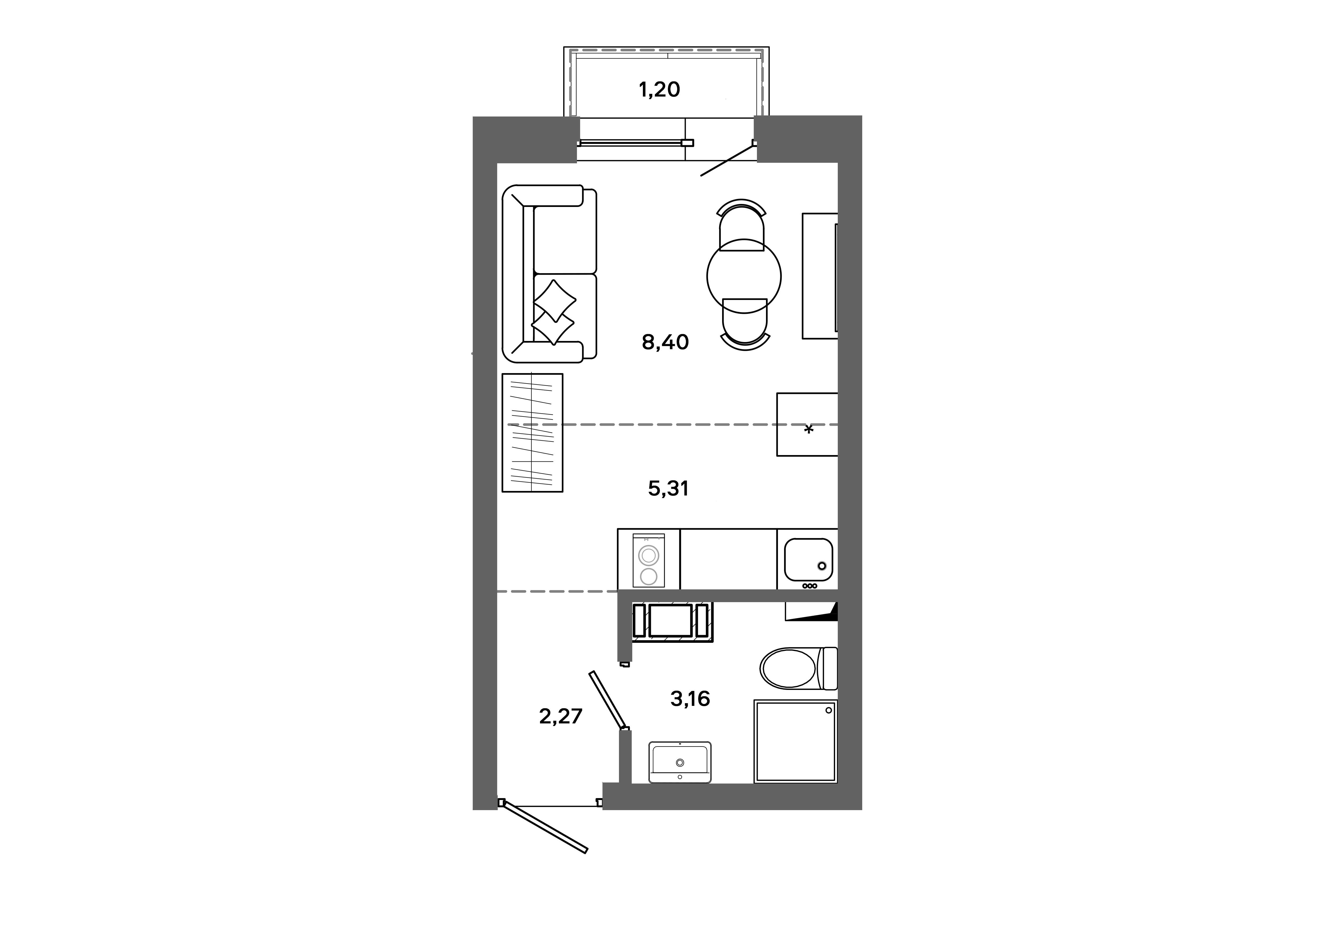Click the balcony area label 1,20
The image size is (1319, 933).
(x=659, y=90)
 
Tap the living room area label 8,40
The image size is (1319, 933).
(x=665, y=342)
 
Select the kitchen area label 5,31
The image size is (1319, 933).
(x=668, y=489)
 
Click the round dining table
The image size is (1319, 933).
(x=744, y=276)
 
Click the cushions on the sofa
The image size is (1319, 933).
(x=554, y=313)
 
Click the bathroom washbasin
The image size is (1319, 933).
(x=680, y=762)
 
